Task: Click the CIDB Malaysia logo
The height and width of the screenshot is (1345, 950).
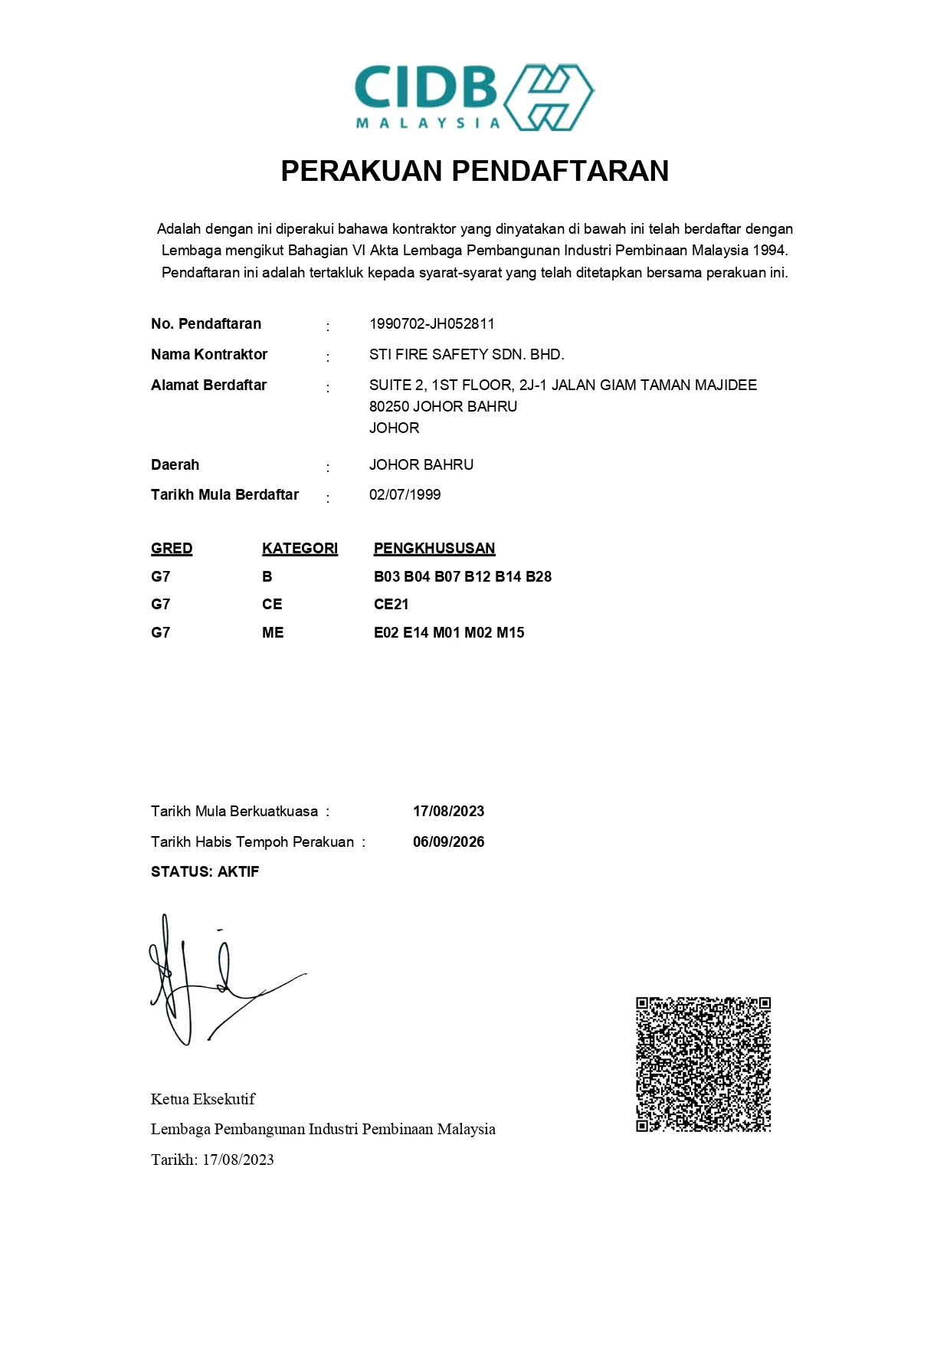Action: [x=473, y=97]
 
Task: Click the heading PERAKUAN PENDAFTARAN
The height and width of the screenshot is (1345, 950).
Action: [x=474, y=171]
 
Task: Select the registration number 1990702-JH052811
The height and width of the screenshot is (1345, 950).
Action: [x=431, y=323]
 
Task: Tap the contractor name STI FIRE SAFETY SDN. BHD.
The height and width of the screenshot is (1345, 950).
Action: [x=466, y=354]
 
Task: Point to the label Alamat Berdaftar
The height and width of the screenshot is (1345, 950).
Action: [x=208, y=385]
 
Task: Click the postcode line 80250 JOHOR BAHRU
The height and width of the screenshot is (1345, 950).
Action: [x=443, y=406]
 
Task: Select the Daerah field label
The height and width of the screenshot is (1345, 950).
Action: [x=175, y=464]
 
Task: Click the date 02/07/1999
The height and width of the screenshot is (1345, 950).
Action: [x=405, y=494]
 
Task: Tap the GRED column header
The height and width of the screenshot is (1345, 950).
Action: [x=172, y=548]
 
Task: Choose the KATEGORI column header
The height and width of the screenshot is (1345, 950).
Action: [x=300, y=548]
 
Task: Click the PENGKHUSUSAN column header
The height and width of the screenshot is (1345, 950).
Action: [x=434, y=548]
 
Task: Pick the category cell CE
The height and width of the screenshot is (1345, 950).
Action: [x=272, y=604]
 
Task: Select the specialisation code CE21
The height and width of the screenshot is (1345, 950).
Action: [x=391, y=604]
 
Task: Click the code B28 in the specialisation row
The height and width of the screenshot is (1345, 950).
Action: [x=539, y=576]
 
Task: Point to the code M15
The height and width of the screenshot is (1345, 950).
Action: [x=510, y=632]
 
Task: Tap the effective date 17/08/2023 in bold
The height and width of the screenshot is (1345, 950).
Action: [x=448, y=811]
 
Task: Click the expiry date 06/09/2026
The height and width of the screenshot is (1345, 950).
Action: [x=448, y=841]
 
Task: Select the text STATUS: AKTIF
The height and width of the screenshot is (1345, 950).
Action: [x=205, y=871]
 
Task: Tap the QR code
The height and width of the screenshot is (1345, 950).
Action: [x=703, y=1064]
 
